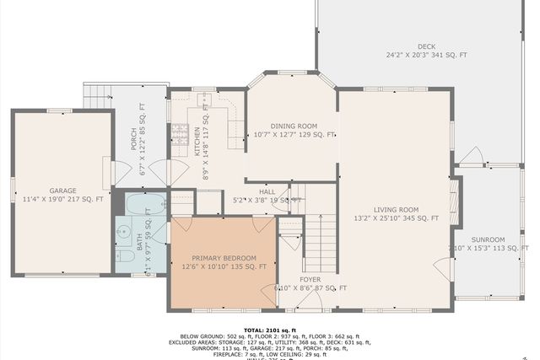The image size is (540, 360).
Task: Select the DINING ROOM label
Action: click(294, 130)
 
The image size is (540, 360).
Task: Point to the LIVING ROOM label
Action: click(396, 214)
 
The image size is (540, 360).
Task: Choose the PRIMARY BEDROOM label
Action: click(224, 262)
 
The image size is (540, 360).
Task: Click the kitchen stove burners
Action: click(179, 132)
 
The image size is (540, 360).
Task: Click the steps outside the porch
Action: click(98, 96)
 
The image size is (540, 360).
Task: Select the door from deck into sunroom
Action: click(471, 159)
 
